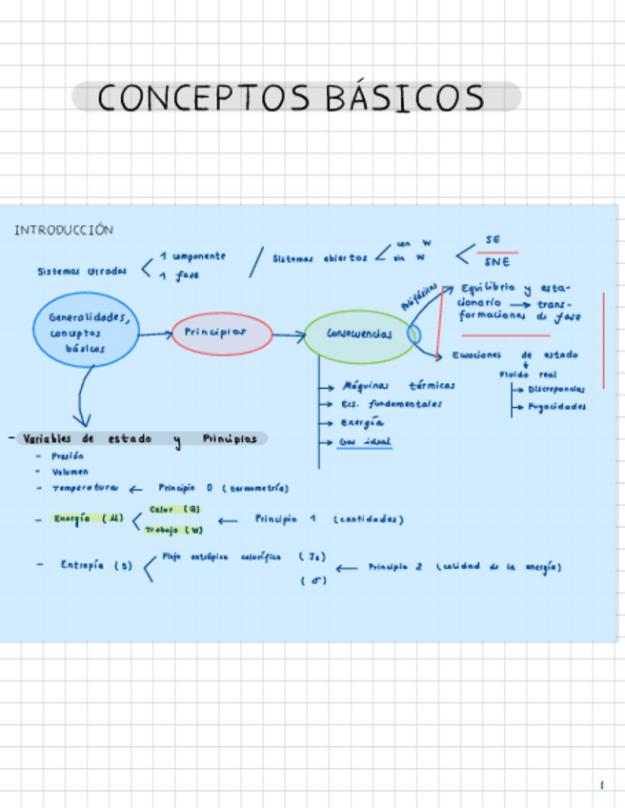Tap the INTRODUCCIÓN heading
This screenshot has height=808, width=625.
tap(63, 230)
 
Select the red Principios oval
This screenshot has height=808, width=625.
tap(221, 333)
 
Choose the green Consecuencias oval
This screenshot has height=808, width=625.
tap(358, 334)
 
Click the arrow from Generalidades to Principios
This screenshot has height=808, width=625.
tap(154, 333)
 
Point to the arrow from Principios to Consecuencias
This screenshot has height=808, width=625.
tap(288, 334)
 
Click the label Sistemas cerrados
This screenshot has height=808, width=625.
tap(81, 271)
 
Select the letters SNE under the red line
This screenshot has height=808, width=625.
tap(496, 261)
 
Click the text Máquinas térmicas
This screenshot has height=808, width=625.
tap(398, 386)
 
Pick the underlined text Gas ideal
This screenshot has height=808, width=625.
tap(365, 442)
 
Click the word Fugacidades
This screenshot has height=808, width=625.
tap(556, 406)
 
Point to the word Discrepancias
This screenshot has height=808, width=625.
tap(557, 389)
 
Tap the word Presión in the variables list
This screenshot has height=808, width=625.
tap(68, 456)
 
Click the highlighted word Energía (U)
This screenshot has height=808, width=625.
tap(89, 518)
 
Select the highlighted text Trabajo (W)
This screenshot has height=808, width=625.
tap(174, 530)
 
